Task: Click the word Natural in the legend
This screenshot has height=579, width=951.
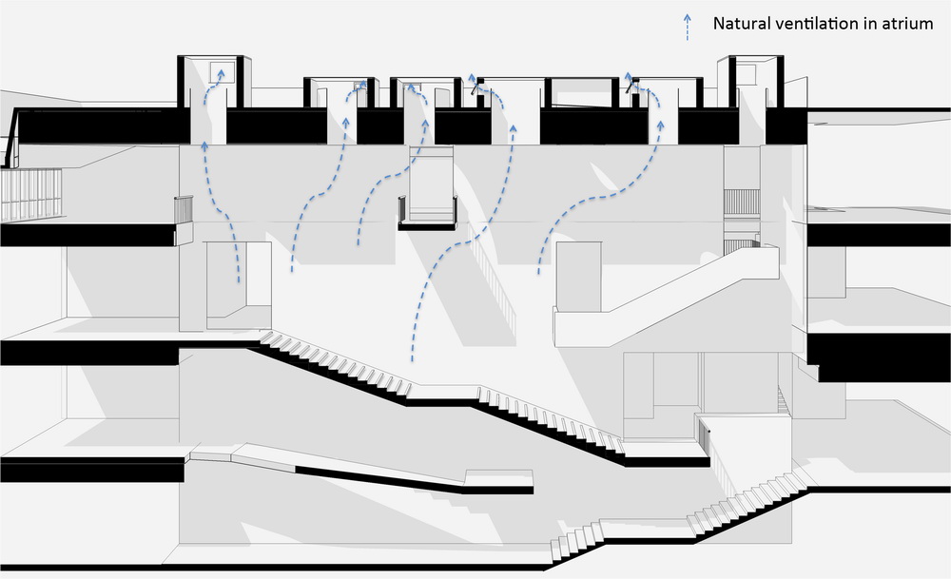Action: coord(741,23)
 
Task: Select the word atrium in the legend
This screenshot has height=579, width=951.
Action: coord(908,23)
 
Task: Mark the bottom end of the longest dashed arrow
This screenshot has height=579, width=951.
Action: coord(413,362)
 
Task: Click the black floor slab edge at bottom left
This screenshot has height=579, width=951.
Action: coord(90,470)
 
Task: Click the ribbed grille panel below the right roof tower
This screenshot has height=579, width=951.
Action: coord(743,202)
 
